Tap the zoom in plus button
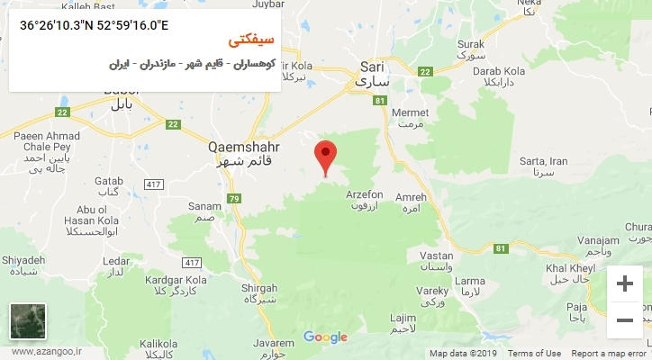click(624, 284)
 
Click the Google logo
click(325, 337)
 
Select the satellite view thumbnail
click(28, 322)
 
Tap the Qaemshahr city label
click(243, 153)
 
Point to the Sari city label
click(372, 73)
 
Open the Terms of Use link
click(535, 354)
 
